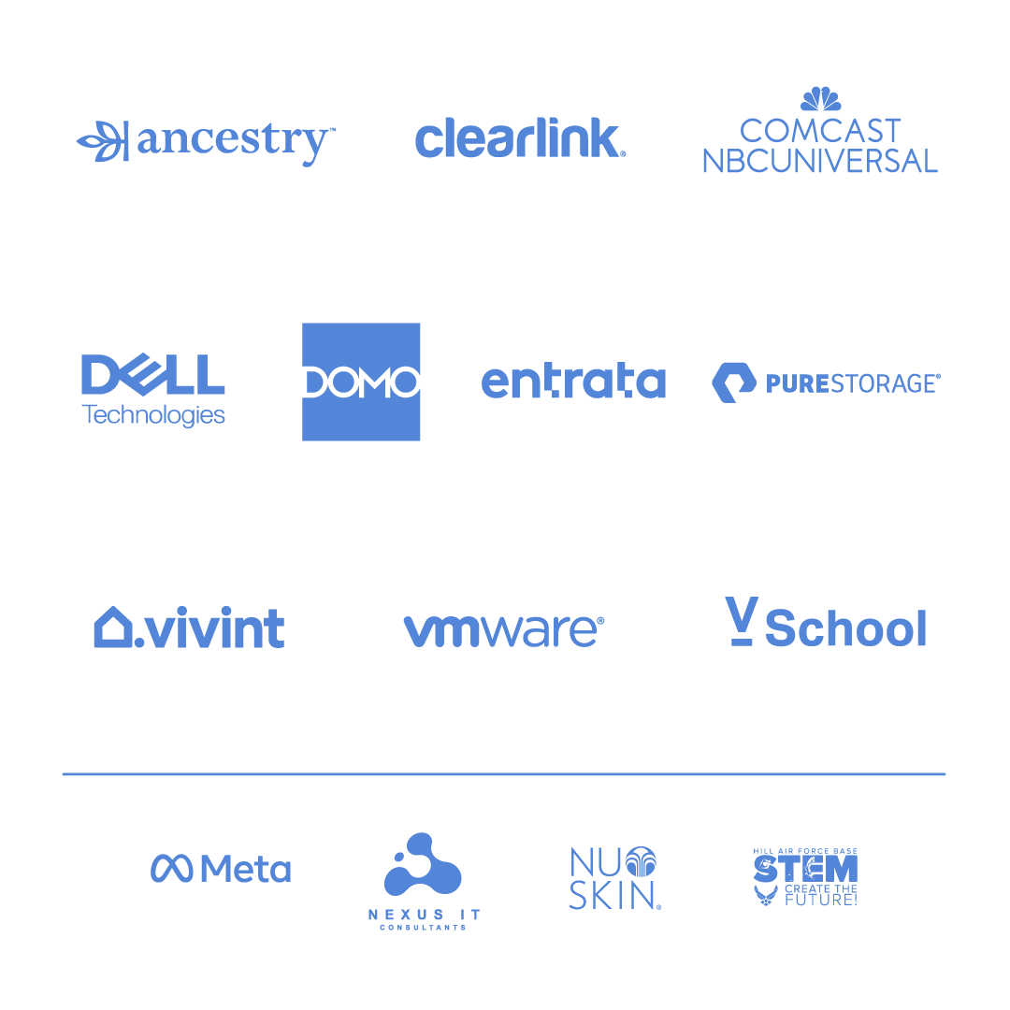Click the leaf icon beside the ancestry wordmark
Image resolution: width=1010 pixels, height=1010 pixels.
(x=103, y=140)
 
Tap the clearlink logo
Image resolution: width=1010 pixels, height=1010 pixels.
(x=521, y=137)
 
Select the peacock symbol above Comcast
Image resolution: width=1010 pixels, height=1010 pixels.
(x=821, y=98)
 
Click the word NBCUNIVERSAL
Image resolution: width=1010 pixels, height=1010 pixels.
(x=820, y=161)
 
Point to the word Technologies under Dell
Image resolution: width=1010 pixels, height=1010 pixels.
(x=153, y=415)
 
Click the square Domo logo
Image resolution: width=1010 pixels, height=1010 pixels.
(x=361, y=382)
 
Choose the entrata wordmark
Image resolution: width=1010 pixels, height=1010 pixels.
(x=573, y=381)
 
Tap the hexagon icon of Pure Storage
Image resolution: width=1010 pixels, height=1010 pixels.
(x=734, y=382)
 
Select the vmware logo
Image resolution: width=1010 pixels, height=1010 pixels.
(x=504, y=630)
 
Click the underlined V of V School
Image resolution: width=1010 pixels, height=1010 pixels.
(x=741, y=621)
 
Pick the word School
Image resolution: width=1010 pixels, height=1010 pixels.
(x=845, y=628)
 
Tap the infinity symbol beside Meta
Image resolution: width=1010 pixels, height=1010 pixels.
(x=171, y=868)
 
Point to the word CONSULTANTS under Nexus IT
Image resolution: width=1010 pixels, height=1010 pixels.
(x=424, y=928)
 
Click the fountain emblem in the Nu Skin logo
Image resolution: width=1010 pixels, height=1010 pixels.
(x=641, y=862)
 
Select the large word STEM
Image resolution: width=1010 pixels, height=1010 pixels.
(x=806, y=869)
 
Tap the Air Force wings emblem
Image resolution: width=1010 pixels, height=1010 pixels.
(x=766, y=895)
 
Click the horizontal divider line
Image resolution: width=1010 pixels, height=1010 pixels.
(x=504, y=773)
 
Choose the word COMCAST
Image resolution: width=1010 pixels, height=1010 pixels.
(x=820, y=132)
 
